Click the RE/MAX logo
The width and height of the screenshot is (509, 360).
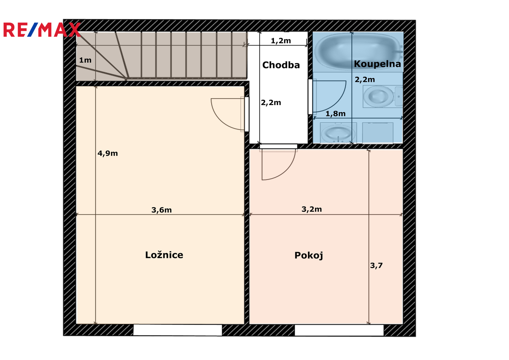42,30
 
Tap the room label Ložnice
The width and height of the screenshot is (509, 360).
164,255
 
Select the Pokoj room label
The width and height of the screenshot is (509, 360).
309,256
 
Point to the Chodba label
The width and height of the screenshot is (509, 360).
281,65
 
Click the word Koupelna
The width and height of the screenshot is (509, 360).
377,64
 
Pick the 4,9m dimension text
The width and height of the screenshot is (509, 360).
108,153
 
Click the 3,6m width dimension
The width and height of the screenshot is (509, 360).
162,210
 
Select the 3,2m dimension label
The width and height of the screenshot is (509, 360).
312,209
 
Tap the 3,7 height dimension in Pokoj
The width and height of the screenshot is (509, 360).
376,265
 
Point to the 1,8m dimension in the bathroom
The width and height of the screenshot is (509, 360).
335,114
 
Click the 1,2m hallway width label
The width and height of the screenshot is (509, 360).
281,41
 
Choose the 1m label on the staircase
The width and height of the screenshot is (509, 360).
85,60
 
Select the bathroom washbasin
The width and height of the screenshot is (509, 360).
338,133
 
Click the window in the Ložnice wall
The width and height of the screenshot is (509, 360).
177,330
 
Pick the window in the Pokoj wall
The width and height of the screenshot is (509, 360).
339,330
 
